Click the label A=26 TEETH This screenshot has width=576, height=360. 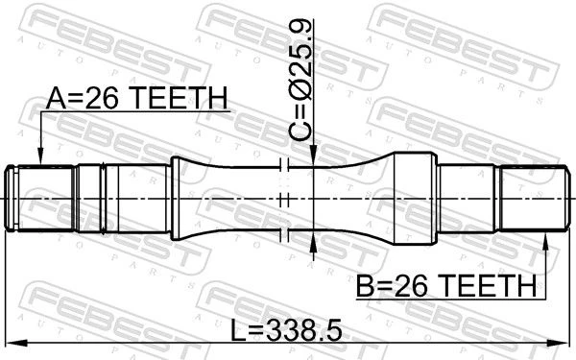click(137, 99)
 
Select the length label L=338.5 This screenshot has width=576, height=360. click(286, 330)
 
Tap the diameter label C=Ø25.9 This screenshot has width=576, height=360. click(300, 80)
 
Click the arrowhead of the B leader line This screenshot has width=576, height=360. click(545, 241)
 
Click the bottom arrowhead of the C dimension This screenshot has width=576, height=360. click(313, 241)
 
